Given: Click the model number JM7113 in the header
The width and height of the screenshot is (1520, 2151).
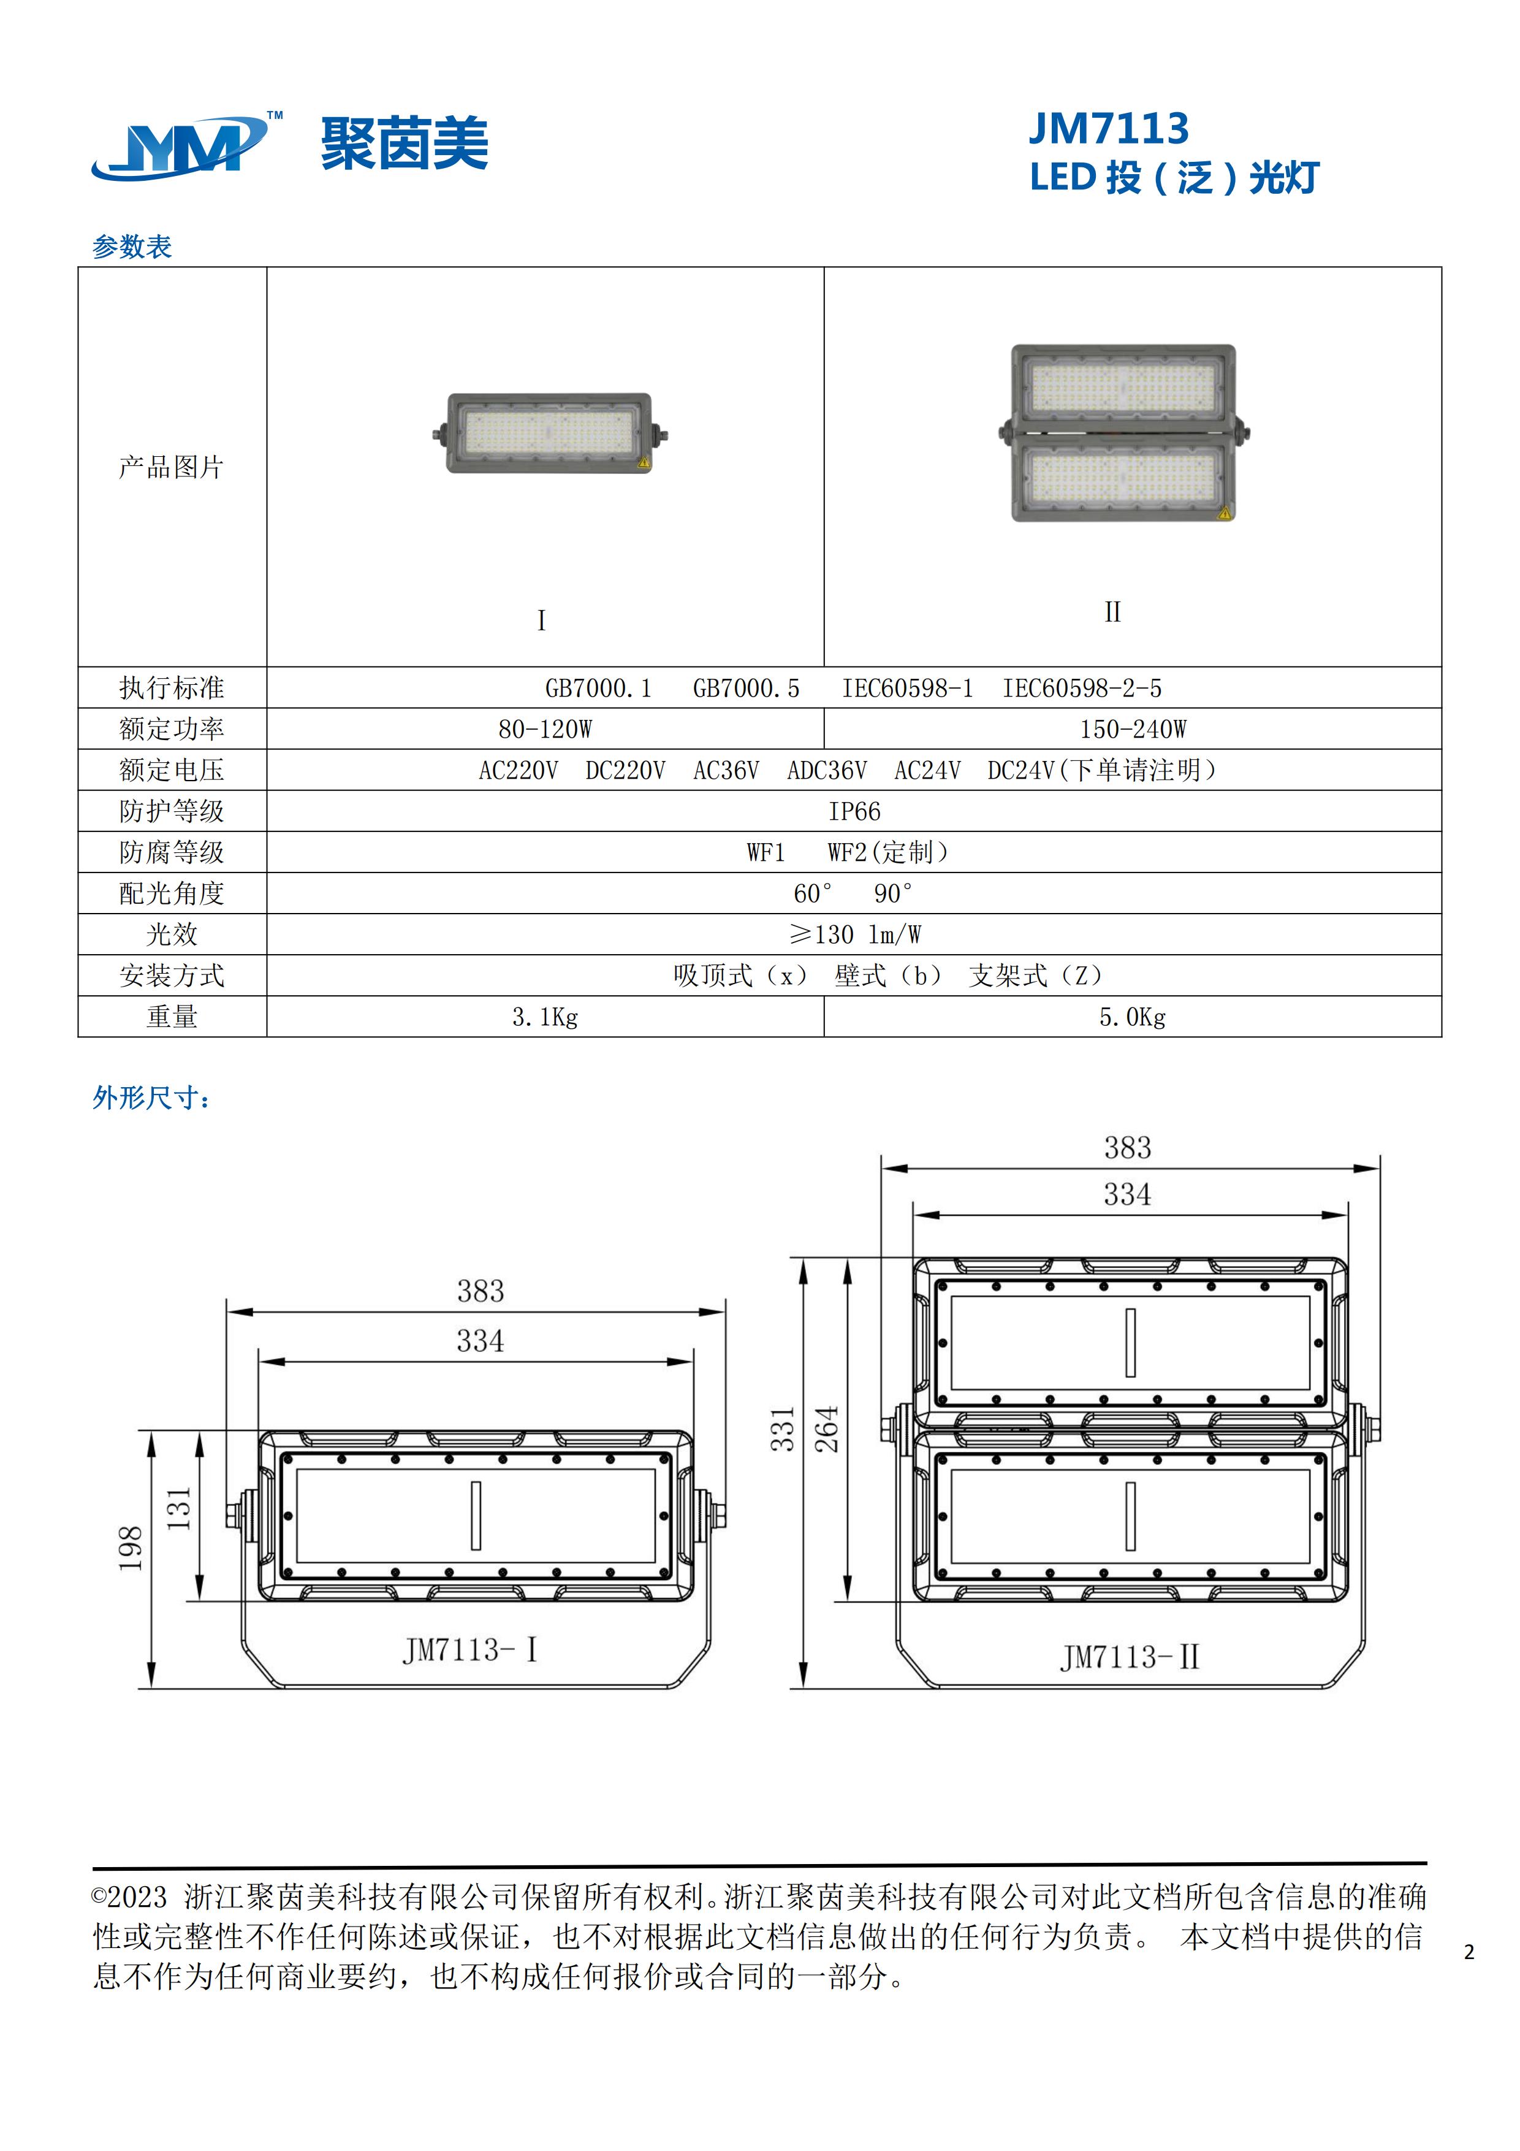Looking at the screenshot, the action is coord(1109,128).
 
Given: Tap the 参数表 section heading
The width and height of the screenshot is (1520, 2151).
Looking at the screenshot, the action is coord(132,246).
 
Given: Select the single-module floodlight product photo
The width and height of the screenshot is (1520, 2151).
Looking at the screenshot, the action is coord(550,433).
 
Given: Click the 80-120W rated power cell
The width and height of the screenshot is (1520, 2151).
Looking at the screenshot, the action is coord(545,729).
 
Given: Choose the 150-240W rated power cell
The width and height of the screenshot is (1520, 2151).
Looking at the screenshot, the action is coord(1133,729).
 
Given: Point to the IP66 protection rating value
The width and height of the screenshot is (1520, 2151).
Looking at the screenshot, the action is coord(854,811).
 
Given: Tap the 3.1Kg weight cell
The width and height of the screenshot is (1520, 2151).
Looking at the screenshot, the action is coord(545,1017).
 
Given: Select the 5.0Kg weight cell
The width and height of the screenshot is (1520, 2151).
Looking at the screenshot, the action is coord(1132,1017).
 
